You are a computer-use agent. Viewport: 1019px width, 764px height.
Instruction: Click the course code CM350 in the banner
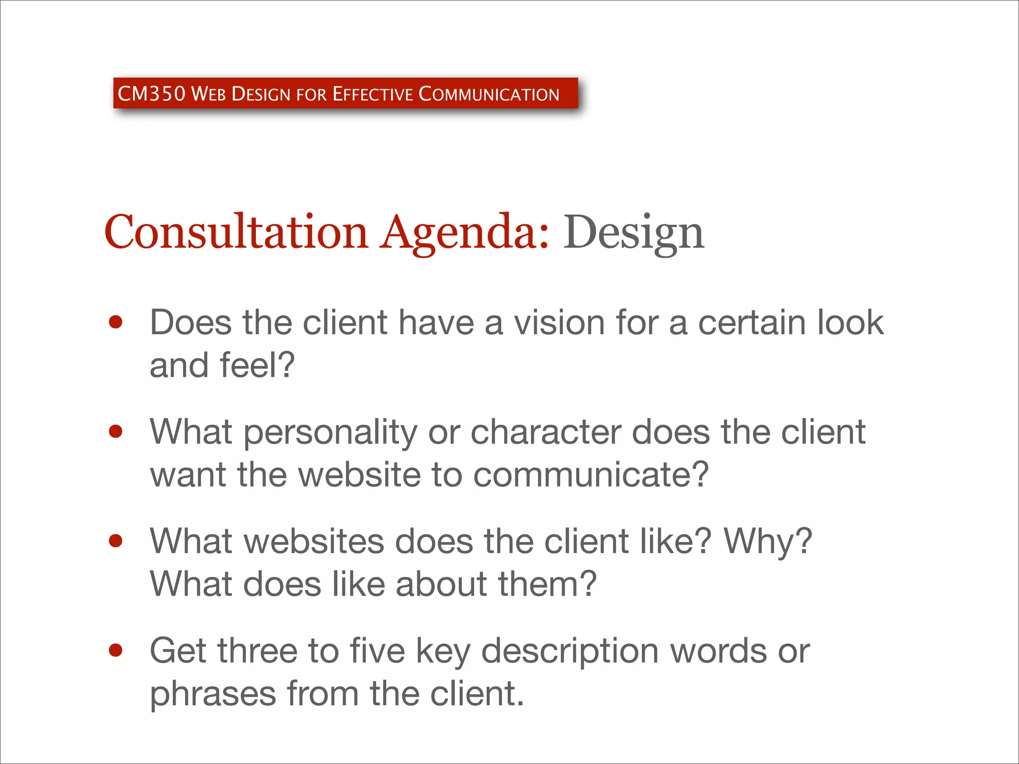click(x=151, y=94)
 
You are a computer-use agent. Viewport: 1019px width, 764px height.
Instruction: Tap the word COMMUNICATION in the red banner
click(x=489, y=94)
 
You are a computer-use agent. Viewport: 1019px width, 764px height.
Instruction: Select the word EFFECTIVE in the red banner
click(x=373, y=94)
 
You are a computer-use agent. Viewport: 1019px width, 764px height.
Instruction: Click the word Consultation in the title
click(x=236, y=232)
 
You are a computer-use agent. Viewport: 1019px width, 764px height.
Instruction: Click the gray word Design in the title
click(x=633, y=233)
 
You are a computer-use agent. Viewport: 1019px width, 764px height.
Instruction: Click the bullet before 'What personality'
click(x=115, y=432)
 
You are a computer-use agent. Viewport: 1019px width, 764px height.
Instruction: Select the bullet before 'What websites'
click(x=115, y=541)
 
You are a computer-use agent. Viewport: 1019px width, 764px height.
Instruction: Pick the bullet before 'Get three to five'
click(x=115, y=650)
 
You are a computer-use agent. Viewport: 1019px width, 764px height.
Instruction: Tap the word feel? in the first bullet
click(x=257, y=366)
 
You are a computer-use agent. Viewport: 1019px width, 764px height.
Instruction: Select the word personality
click(x=330, y=433)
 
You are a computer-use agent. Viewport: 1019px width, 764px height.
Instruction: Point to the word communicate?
click(x=591, y=475)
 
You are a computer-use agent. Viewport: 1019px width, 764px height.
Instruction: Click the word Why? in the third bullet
click(x=768, y=542)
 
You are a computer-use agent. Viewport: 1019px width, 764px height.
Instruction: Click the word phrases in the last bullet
click(x=213, y=694)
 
